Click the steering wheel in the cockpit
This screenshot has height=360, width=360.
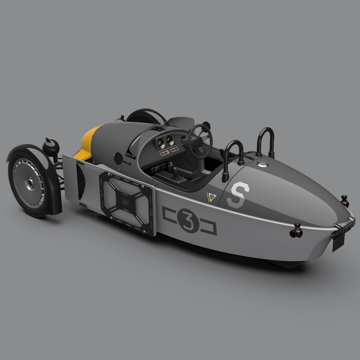[200, 141]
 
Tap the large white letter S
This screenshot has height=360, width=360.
[238, 195]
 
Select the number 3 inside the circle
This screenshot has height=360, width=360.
[188, 220]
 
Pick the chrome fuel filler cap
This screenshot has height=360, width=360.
[262, 164]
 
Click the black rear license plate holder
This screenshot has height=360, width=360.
[338, 243]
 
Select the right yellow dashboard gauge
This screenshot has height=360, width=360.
[170, 140]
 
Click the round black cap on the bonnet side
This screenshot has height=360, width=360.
[118, 159]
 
